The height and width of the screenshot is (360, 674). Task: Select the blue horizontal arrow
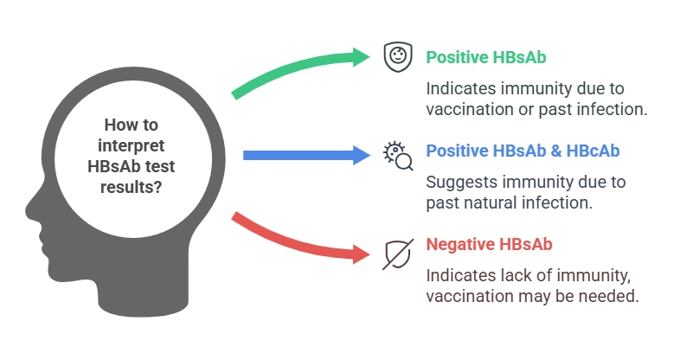[x=303, y=155]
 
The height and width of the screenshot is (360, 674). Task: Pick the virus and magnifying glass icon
[x=397, y=154]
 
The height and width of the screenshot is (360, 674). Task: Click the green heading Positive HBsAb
[x=485, y=57]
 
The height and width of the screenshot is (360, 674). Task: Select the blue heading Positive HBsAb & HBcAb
[x=523, y=151]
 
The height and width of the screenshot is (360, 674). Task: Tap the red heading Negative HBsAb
[x=489, y=245]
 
